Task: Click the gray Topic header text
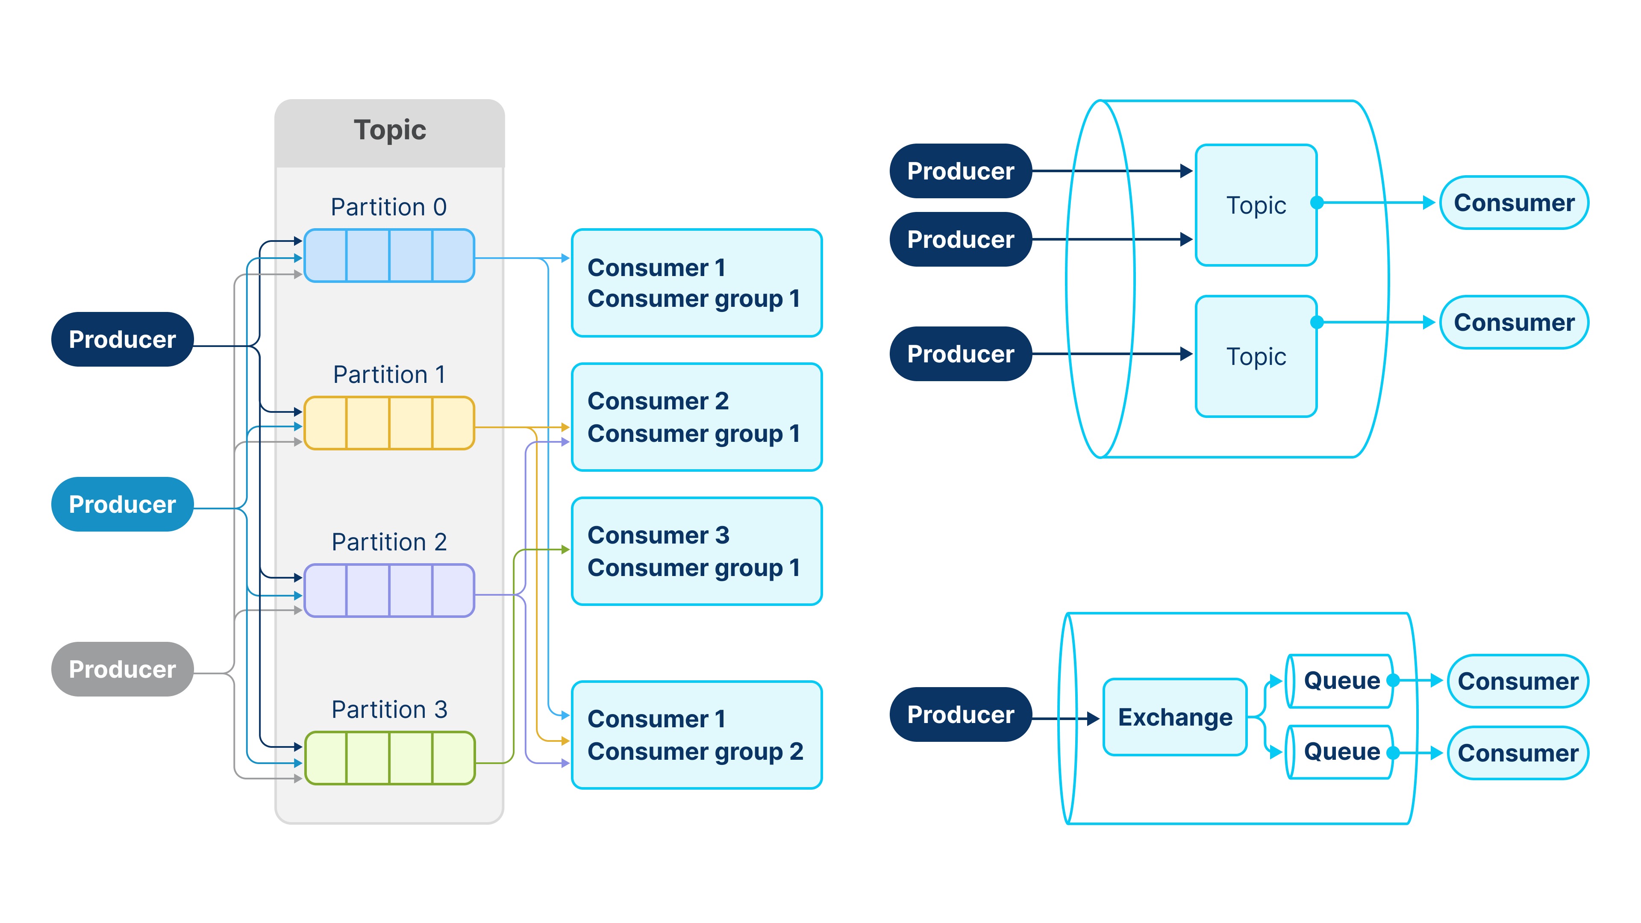pos(389,130)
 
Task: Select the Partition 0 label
pos(388,207)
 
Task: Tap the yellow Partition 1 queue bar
pos(389,423)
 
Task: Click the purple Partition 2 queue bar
pos(389,591)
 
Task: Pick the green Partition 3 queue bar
pos(389,758)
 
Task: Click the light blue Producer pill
pos(122,505)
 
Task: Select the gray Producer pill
pos(122,670)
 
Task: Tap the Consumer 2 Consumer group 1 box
pos(696,417)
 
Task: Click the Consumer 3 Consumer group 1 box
pos(696,551)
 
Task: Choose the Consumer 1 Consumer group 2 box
pos(696,735)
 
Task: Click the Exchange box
pos(1175,717)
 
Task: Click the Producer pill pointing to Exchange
pos(960,715)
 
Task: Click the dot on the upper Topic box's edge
pos(1317,203)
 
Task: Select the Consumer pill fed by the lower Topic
pos(1514,322)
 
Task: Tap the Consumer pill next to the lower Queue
pos(1517,753)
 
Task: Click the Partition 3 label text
pos(389,710)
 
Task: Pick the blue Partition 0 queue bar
pos(389,256)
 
